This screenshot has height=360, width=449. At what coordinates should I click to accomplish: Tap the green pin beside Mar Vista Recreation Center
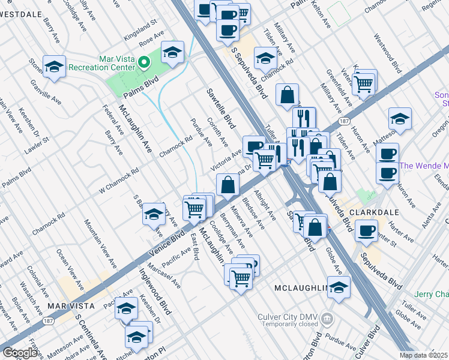(x=143, y=62)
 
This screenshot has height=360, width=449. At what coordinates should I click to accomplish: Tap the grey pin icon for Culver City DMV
(x=327, y=317)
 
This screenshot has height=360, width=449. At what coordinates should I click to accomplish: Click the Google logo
(x=20, y=353)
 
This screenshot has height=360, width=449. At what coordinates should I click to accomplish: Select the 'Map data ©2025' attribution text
(x=423, y=355)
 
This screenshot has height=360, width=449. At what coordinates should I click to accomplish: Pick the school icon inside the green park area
(x=172, y=53)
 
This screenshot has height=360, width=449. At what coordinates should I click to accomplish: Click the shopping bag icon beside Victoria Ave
(x=228, y=184)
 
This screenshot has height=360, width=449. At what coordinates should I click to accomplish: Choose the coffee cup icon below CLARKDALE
(x=366, y=230)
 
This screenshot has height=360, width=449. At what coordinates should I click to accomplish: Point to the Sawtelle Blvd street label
(x=220, y=108)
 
